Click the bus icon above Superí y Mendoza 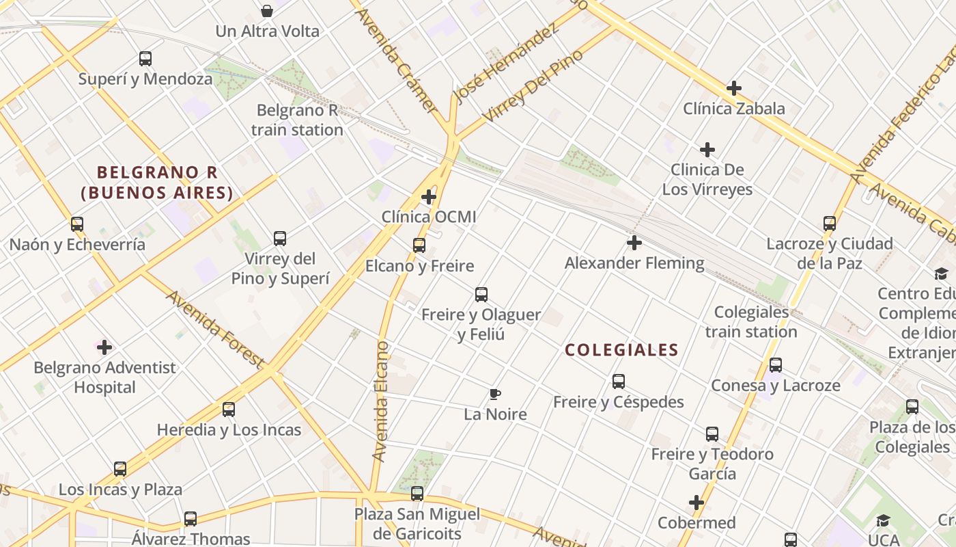tap(145, 59)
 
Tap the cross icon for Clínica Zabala tap(734, 88)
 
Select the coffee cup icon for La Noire tap(495, 395)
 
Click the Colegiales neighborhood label tap(621, 350)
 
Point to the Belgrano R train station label tap(297, 120)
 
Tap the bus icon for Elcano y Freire tap(419, 245)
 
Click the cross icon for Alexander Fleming tap(634, 243)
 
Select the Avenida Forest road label tap(214, 328)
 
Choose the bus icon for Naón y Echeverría tap(77, 224)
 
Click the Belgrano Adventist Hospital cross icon tap(104, 347)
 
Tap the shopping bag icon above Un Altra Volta tap(267, 11)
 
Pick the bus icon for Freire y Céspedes tap(619, 382)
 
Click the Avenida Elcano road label tap(381, 400)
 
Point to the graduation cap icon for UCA tap(883, 520)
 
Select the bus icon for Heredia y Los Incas tap(229, 410)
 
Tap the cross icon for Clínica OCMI tap(429, 198)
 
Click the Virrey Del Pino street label tap(533, 86)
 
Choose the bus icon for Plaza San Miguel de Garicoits tap(417, 494)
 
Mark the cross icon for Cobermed tap(697, 503)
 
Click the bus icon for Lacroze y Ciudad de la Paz tap(830, 224)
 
